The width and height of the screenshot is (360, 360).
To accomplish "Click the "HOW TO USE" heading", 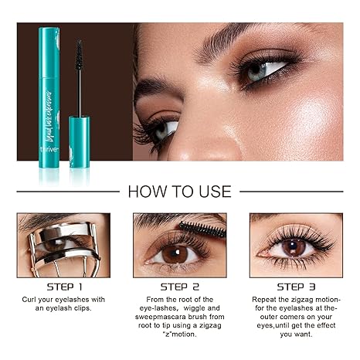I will coord(179,191).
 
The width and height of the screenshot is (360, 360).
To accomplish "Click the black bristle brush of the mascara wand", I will coord(79,59).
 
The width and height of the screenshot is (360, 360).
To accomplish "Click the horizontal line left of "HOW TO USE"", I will coord(70,191).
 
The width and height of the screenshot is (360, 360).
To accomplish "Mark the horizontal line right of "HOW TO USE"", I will coord(290,191).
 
